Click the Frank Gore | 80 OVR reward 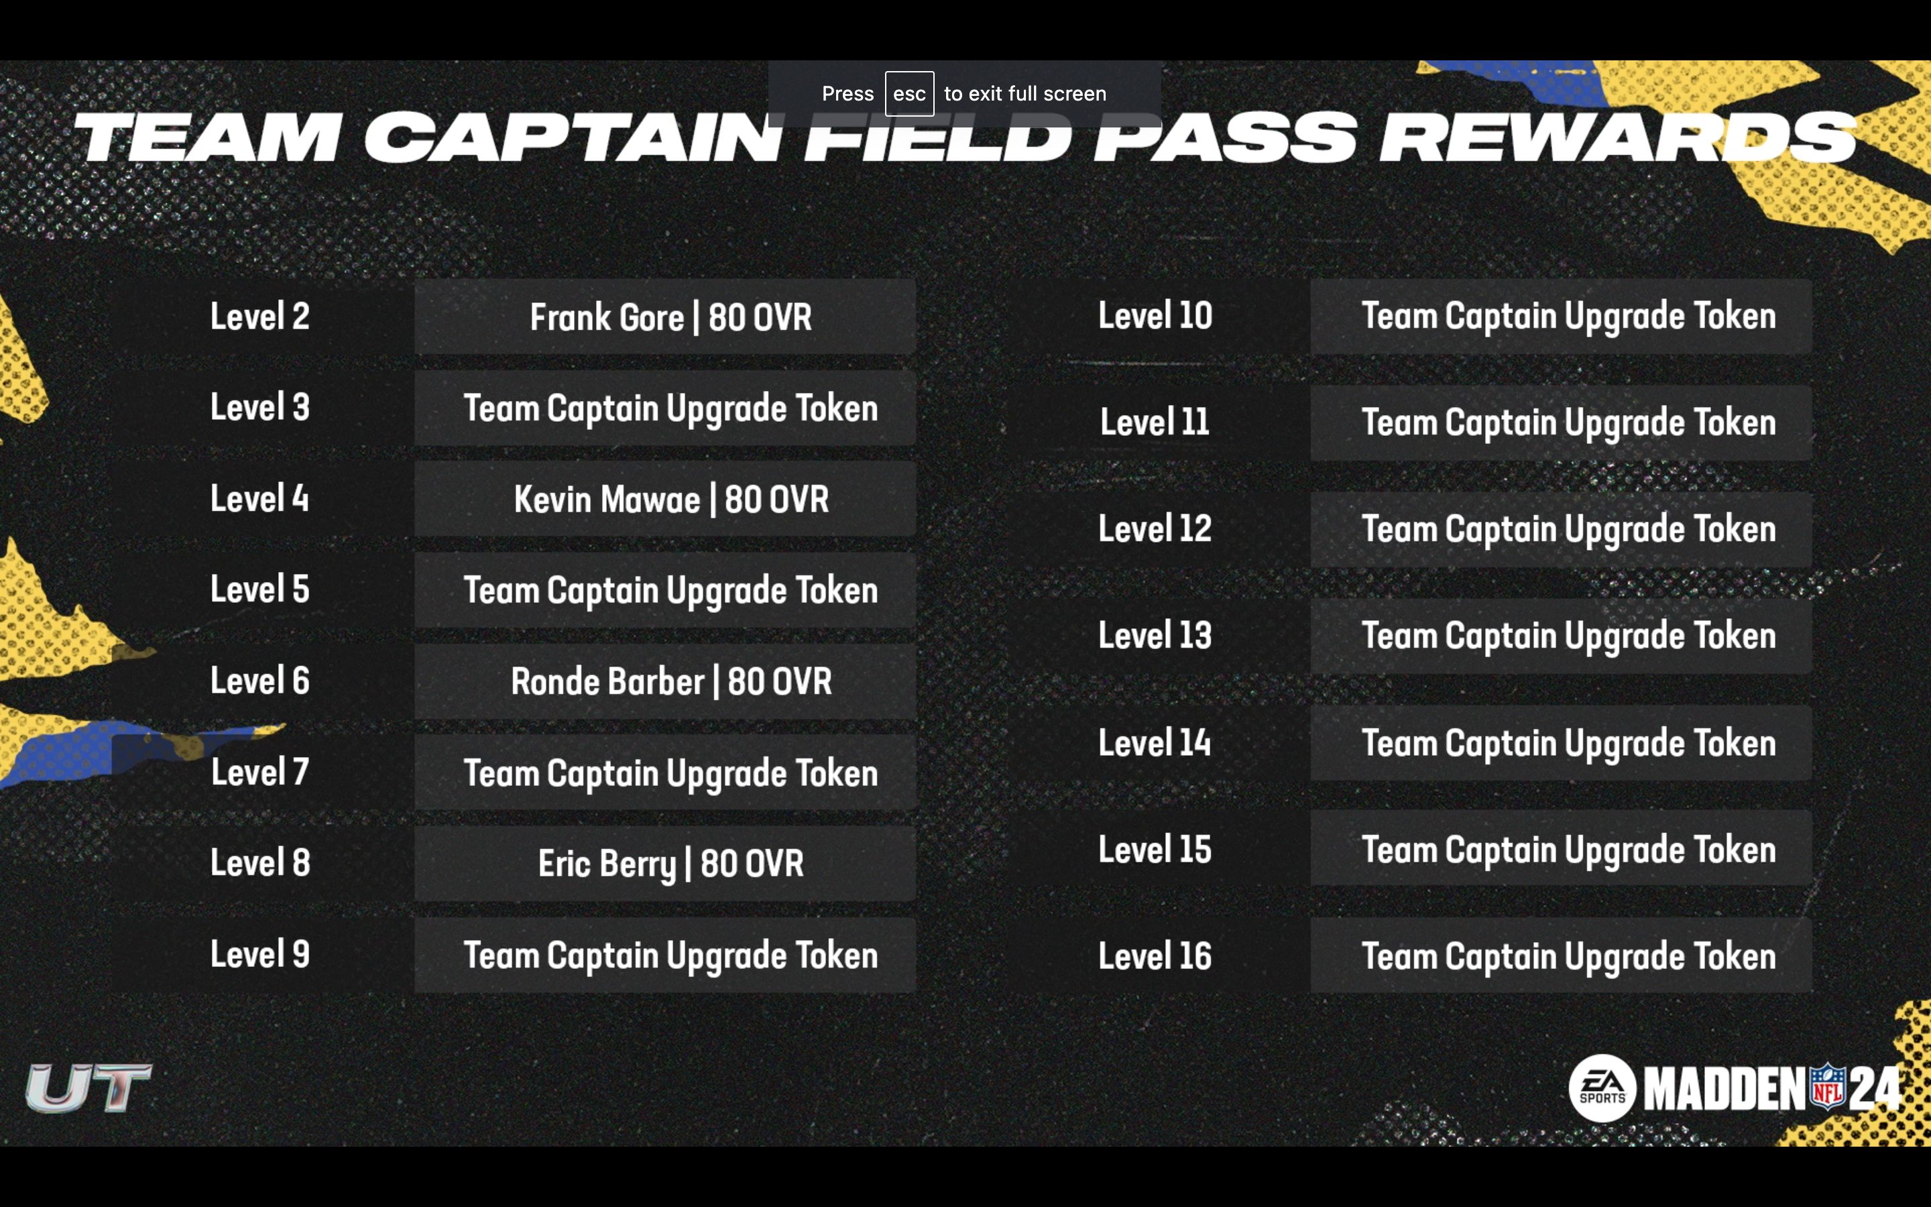(x=670, y=317)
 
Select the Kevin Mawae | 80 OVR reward (x=670, y=499)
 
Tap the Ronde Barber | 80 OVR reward (x=670, y=681)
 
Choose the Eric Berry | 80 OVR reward (x=670, y=863)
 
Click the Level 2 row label (x=259, y=316)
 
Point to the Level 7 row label (x=259, y=772)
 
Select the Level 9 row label (x=259, y=954)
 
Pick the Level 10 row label (x=1155, y=315)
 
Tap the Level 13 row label (x=1155, y=636)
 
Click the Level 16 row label (x=1155, y=956)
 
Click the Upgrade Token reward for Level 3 (x=670, y=408)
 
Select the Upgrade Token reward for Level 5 (x=670, y=590)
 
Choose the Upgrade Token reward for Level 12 (x=1568, y=529)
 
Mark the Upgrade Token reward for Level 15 (x=1568, y=850)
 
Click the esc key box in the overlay (x=909, y=93)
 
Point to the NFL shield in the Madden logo (x=1827, y=1086)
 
